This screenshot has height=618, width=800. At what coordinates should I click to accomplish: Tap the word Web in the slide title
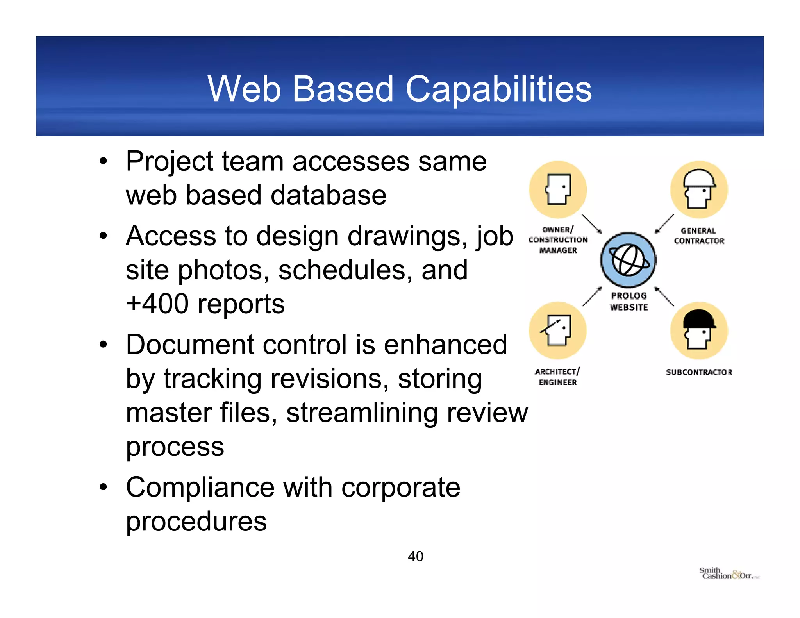pyautogui.click(x=244, y=89)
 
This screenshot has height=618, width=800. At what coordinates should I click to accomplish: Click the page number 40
pyautogui.click(x=415, y=556)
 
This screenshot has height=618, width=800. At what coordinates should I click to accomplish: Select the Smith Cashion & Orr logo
pyautogui.click(x=729, y=573)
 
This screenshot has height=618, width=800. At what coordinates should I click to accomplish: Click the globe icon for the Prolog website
pyautogui.click(x=628, y=260)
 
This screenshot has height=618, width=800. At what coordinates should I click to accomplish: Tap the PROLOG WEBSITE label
pyautogui.click(x=629, y=302)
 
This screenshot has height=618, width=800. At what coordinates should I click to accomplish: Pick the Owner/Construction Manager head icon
pyautogui.click(x=558, y=189)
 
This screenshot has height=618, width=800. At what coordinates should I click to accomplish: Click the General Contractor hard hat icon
pyautogui.click(x=699, y=189)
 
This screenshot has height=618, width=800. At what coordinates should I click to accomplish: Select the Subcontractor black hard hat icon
pyautogui.click(x=699, y=330)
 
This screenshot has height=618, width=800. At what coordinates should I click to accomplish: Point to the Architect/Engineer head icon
pyautogui.click(x=558, y=330)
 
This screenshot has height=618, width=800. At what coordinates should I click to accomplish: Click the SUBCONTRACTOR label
pyautogui.click(x=699, y=372)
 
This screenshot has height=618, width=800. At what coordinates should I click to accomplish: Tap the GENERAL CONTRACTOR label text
pyautogui.click(x=699, y=236)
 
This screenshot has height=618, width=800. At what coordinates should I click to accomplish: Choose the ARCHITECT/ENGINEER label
pyautogui.click(x=557, y=377)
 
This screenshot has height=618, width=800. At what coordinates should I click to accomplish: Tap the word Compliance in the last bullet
pyautogui.click(x=200, y=488)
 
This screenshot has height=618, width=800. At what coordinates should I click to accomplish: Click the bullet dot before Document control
pyautogui.click(x=103, y=345)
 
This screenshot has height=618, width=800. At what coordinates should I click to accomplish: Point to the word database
pyautogui.click(x=328, y=195)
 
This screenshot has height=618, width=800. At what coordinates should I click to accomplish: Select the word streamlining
pyautogui.click(x=362, y=413)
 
